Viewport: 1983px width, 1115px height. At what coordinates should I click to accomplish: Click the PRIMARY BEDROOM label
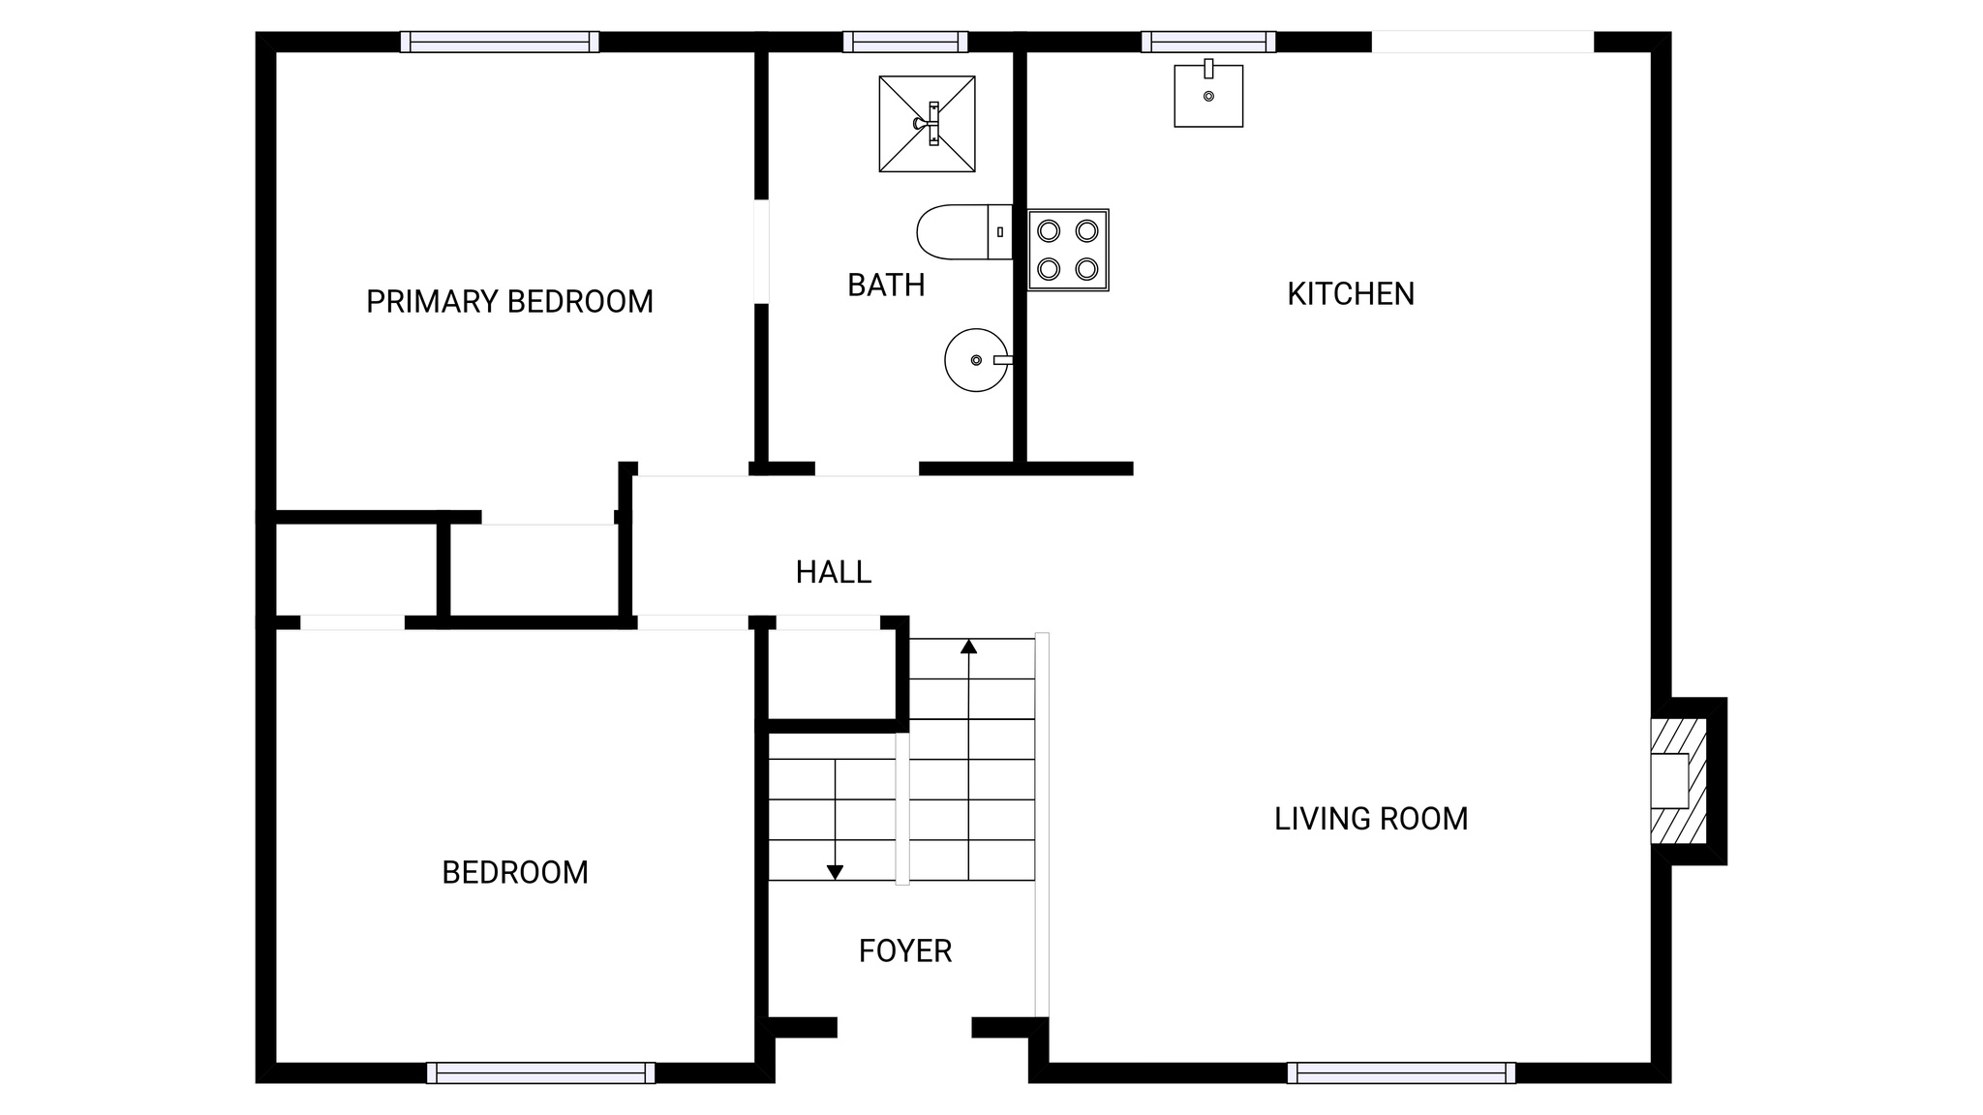pyautogui.click(x=509, y=302)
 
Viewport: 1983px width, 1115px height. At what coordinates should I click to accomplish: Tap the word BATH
pyautogui.click(x=886, y=286)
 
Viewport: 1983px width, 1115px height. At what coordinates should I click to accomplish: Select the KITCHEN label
pyautogui.click(x=1350, y=294)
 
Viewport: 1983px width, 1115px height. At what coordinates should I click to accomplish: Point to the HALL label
pyautogui.click(x=833, y=573)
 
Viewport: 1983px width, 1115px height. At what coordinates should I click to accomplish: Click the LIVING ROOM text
pyautogui.click(x=1370, y=820)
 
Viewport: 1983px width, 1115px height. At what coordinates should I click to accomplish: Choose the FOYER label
pyautogui.click(x=904, y=951)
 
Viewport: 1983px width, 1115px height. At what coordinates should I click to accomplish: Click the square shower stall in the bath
pyautogui.click(x=927, y=124)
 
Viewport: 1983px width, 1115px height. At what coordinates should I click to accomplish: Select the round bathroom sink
pyautogui.click(x=976, y=360)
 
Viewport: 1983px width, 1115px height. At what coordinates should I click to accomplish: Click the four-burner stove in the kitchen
pyautogui.click(x=1068, y=250)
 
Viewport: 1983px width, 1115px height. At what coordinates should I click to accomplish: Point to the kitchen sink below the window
pyautogui.click(x=1208, y=95)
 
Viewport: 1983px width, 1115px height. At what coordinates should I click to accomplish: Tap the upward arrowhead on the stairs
pyautogui.click(x=968, y=647)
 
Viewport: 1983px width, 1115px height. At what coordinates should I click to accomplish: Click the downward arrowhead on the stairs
pyautogui.click(x=835, y=872)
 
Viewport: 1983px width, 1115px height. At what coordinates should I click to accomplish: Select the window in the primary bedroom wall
pyautogui.click(x=500, y=42)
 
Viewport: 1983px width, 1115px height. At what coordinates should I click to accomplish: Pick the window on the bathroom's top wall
pyautogui.click(x=904, y=42)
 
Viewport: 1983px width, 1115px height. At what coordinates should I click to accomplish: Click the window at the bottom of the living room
pyautogui.click(x=1401, y=1072)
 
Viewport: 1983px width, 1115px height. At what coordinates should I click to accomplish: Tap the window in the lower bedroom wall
pyautogui.click(x=540, y=1072)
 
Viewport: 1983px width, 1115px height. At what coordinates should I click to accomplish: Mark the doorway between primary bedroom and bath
pyautogui.click(x=761, y=252)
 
